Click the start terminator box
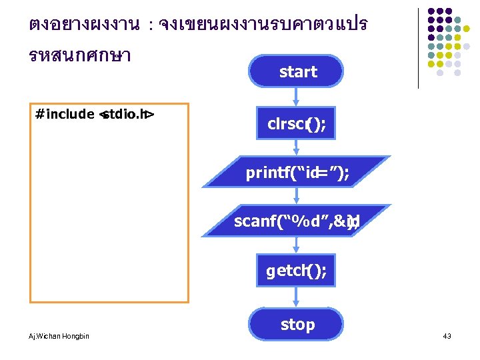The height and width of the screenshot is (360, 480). click(297, 71)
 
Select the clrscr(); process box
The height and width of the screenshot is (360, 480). click(297, 123)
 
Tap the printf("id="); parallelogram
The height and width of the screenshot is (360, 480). click(297, 173)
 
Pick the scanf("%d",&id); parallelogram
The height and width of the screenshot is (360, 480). click(297, 221)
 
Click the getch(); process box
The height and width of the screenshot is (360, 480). click(297, 271)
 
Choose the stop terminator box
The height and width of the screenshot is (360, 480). click(297, 325)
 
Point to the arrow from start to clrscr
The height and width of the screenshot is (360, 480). click(297, 97)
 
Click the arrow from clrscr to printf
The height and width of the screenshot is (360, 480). click(297, 148)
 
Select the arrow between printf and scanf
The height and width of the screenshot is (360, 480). click(297, 197)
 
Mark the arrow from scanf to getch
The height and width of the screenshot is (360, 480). click(297, 246)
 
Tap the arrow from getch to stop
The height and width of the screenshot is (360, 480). click(297, 298)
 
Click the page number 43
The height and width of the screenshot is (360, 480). click(447, 336)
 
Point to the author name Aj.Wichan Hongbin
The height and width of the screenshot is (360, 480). click(59, 336)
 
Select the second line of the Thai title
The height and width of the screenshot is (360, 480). click(80, 55)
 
